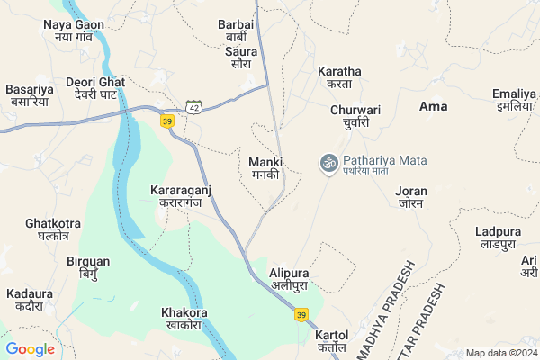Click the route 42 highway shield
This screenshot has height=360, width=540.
[x=193, y=106]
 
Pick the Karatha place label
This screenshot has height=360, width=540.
[x=339, y=77]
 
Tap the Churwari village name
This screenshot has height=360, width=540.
[x=355, y=116]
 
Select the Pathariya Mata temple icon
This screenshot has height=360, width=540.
[x=328, y=163]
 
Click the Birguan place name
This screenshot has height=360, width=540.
[x=88, y=267]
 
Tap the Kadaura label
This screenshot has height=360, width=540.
[x=29, y=300]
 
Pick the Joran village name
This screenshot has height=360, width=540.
[x=410, y=197]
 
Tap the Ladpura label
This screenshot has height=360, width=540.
[x=498, y=238]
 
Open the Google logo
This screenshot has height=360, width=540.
[x=30, y=349]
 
